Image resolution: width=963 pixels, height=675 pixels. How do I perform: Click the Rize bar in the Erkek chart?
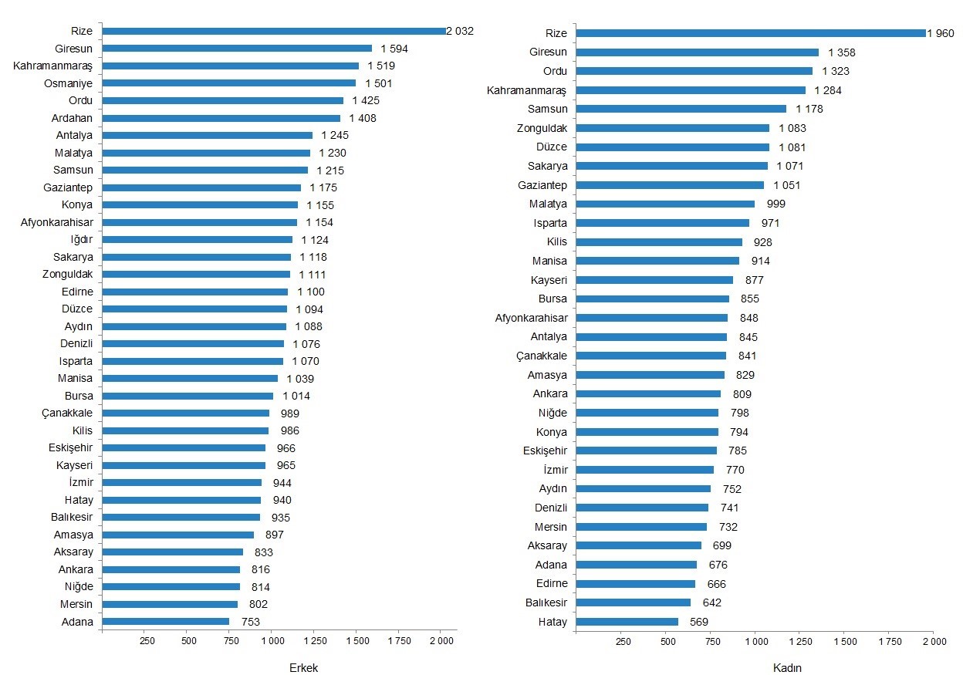pos(274,31)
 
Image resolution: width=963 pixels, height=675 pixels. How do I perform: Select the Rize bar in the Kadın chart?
pos(751,33)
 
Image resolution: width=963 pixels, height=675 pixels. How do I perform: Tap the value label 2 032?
pos(460,31)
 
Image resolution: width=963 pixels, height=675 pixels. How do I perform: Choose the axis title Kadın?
pos(787,668)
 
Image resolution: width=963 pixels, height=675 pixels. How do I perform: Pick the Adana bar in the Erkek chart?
pos(165,621)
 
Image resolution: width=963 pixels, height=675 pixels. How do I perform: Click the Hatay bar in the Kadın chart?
pos(627,622)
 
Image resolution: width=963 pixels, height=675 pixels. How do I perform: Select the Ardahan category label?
pos(73,118)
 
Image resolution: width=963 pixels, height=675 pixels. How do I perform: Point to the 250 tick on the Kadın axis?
pos(623,641)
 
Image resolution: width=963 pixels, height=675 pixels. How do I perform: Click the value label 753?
pos(249,622)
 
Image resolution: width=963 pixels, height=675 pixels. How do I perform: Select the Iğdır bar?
pos(197,239)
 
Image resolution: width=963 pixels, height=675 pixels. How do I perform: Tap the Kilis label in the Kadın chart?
pos(557,241)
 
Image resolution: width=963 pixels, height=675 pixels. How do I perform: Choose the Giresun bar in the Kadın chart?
pos(698,52)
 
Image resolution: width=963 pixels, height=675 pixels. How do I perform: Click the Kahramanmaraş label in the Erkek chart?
pos(52,66)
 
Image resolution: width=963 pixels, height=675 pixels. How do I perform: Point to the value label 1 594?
pos(394,49)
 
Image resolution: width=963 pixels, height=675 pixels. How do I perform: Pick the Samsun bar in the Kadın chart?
pos(681,109)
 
